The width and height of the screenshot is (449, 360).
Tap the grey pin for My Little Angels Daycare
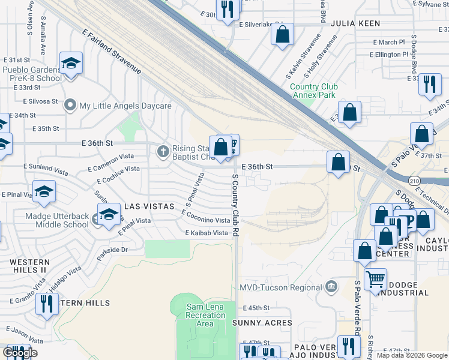(x=71, y=106)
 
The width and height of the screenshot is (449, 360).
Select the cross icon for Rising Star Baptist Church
(x=162, y=151)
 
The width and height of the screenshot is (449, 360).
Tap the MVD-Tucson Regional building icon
(x=331, y=287)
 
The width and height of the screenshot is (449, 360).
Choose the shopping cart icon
(x=375, y=278)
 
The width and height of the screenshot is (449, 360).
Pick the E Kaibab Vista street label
(x=207, y=233)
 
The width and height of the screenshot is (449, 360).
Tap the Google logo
(x=20, y=353)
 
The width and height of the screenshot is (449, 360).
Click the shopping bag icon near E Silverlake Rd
(x=282, y=34)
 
